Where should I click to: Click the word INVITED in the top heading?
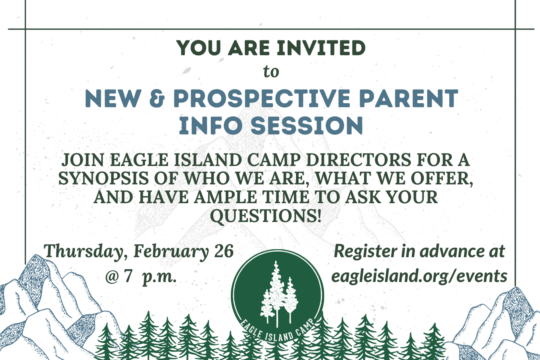point(321,48)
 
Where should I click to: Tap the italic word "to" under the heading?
point(271,72)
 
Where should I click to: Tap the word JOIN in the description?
point(83,160)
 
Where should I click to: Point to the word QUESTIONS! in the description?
point(266,216)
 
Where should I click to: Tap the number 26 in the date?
point(224,251)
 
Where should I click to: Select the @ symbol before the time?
point(112,276)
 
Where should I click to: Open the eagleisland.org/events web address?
point(419,276)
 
